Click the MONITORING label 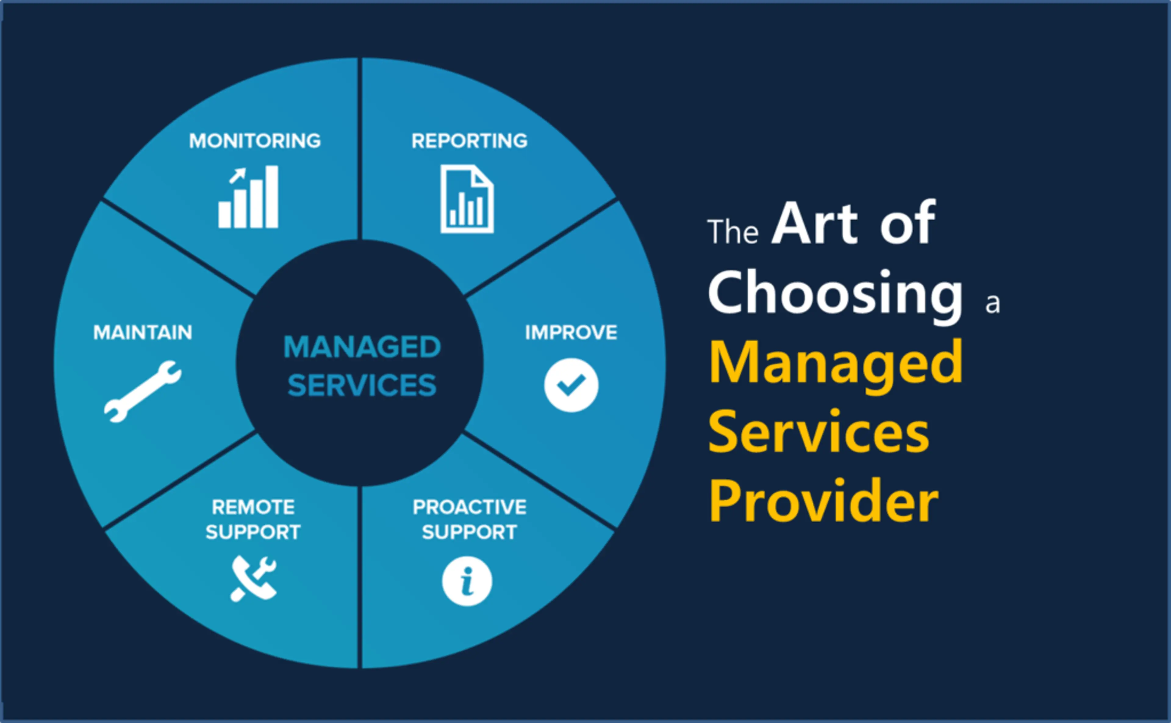pos(255,141)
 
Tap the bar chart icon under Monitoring pos(249,197)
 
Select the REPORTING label pos(469,141)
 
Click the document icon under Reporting pos(467,199)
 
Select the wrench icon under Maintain pos(142,391)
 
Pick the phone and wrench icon pos(253,579)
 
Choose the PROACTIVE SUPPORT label pos(469,519)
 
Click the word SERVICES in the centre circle pos(362,385)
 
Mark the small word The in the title pos(733,232)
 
